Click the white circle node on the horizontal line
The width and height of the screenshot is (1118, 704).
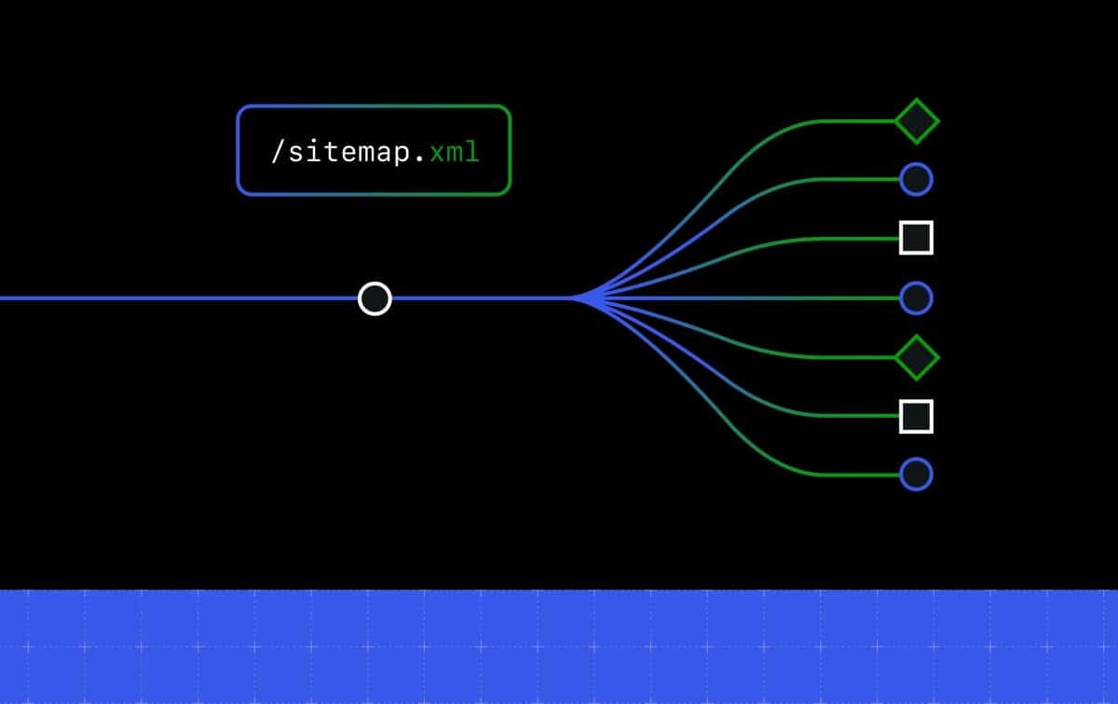click(x=375, y=298)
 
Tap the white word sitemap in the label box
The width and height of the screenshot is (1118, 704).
click(x=355, y=152)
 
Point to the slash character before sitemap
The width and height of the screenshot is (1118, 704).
click(x=277, y=152)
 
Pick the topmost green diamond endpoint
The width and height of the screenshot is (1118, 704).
click(x=917, y=121)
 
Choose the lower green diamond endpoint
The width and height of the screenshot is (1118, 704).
click(x=917, y=357)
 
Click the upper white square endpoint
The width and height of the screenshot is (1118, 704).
click(x=917, y=238)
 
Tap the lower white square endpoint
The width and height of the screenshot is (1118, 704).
click(x=917, y=416)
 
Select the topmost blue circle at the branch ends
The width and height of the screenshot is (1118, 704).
click(x=917, y=179)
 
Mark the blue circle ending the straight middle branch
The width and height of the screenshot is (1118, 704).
click(x=917, y=298)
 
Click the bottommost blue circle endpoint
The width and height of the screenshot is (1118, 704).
click(x=917, y=475)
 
